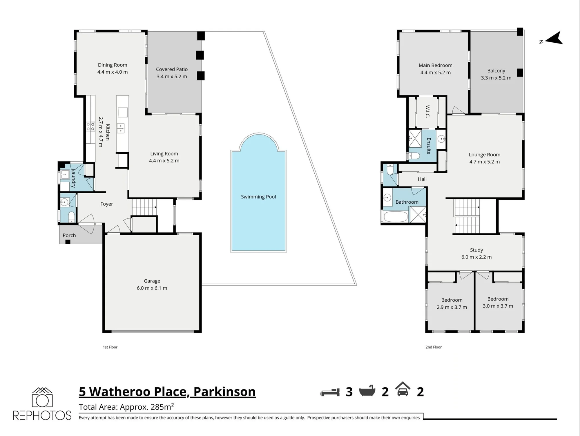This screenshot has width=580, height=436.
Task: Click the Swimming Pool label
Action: pos(258,197)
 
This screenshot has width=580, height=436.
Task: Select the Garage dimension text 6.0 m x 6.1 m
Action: pos(152,288)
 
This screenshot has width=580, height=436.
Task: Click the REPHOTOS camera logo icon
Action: pos(42,397)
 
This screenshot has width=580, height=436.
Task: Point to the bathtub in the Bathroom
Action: pos(396,217)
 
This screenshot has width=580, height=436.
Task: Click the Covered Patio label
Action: pos(172,69)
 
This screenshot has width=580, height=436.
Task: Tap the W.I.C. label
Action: pos(427,111)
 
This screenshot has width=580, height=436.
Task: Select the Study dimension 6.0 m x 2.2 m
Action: pos(476,257)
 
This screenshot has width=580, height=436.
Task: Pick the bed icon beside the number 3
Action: pos(330,392)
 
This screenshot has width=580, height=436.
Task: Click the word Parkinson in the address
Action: pos(224,392)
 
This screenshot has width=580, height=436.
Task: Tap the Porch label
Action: pos(69,235)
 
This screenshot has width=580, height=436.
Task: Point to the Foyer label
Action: pos(107,204)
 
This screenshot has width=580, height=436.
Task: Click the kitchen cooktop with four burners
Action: pos(91,126)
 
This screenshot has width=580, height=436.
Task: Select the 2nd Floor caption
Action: pos(434,347)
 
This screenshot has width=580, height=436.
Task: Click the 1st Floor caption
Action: pos(110,347)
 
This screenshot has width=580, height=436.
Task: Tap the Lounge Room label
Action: pos(485,155)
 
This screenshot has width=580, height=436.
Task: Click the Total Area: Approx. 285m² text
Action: pos(126,407)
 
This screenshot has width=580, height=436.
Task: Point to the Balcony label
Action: pos(496,70)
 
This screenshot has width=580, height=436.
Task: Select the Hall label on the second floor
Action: pos(422,179)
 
